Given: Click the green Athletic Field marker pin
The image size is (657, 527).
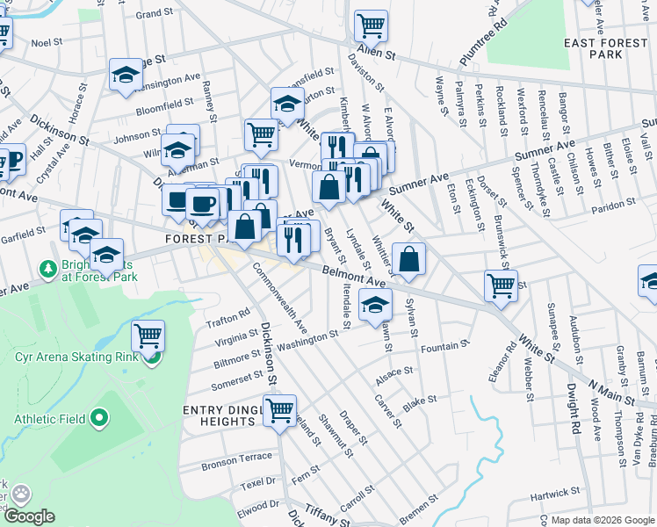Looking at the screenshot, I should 98,419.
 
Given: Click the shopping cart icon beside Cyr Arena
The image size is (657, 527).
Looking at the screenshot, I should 148,336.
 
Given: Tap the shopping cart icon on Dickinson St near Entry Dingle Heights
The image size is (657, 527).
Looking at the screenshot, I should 279,410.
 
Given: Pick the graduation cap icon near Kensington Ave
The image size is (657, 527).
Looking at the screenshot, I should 126,75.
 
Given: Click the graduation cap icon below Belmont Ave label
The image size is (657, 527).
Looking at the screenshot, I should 375,307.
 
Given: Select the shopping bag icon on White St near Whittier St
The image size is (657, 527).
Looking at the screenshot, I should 409,259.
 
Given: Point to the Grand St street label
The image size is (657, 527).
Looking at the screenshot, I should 155,14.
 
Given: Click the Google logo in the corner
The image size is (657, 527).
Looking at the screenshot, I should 29,516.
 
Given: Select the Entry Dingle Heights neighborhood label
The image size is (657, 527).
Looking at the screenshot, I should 219,415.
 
